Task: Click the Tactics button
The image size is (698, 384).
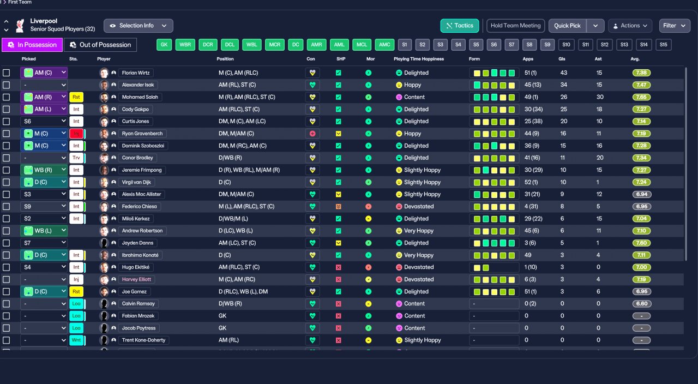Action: [x=460, y=26]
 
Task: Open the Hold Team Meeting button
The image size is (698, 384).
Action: [x=515, y=26]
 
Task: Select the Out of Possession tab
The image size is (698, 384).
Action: [x=100, y=45]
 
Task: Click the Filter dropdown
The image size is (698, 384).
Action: [x=675, y=26]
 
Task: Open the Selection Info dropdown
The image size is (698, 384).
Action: [x=139, y=26]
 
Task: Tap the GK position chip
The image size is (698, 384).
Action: [x=164, y=45]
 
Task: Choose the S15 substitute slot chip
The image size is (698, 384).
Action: [x=663, y=45]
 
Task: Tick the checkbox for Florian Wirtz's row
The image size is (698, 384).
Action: [x=7, y=73]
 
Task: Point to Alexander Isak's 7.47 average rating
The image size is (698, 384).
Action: [x=641, y=85]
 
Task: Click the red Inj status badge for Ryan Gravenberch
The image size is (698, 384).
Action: [x=76, y=134]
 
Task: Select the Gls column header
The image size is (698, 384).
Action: [x=562, y=59]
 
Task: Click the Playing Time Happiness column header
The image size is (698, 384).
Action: [x=419, y=59]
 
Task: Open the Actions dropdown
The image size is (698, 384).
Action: [x=630, y=26]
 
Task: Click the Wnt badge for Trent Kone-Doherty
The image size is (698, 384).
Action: [x=76, y=340]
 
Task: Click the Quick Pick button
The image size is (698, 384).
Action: [x=568, y=26]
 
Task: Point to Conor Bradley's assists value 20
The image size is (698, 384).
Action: [x=599, y=158]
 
